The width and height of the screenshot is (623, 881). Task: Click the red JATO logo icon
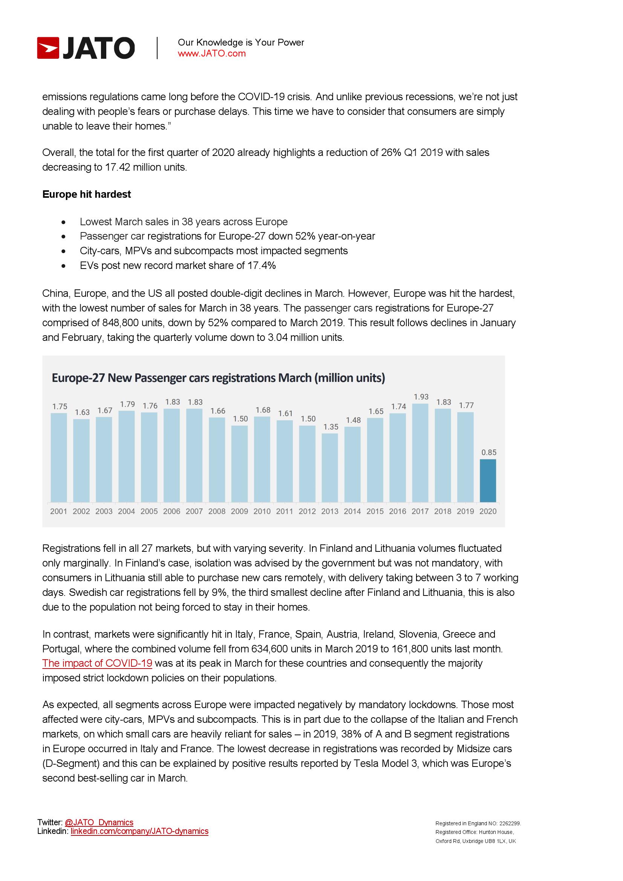pos(48,48)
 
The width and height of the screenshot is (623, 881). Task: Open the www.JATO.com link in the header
pos(211,54)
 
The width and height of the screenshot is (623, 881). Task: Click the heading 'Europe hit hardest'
pos(86,194)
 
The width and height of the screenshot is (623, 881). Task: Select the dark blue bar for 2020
pos(487,480)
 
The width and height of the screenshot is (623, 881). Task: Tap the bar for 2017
pos(420,453)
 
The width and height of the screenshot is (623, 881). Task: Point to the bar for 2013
pos(330,468)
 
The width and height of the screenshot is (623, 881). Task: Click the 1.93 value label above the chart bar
pos(421,397)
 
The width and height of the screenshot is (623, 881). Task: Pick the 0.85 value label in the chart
pos(489,452)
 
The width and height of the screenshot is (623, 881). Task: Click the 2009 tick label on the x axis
pos(239,511)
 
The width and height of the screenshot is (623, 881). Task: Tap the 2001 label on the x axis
pos(58,511)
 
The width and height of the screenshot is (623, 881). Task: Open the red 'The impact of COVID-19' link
pos(97,663)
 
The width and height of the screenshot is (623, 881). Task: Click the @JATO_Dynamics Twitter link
pos(99,822)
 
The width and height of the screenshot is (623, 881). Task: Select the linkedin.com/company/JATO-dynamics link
pos(139,831)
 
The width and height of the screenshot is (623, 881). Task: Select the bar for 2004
pos(126,457)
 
